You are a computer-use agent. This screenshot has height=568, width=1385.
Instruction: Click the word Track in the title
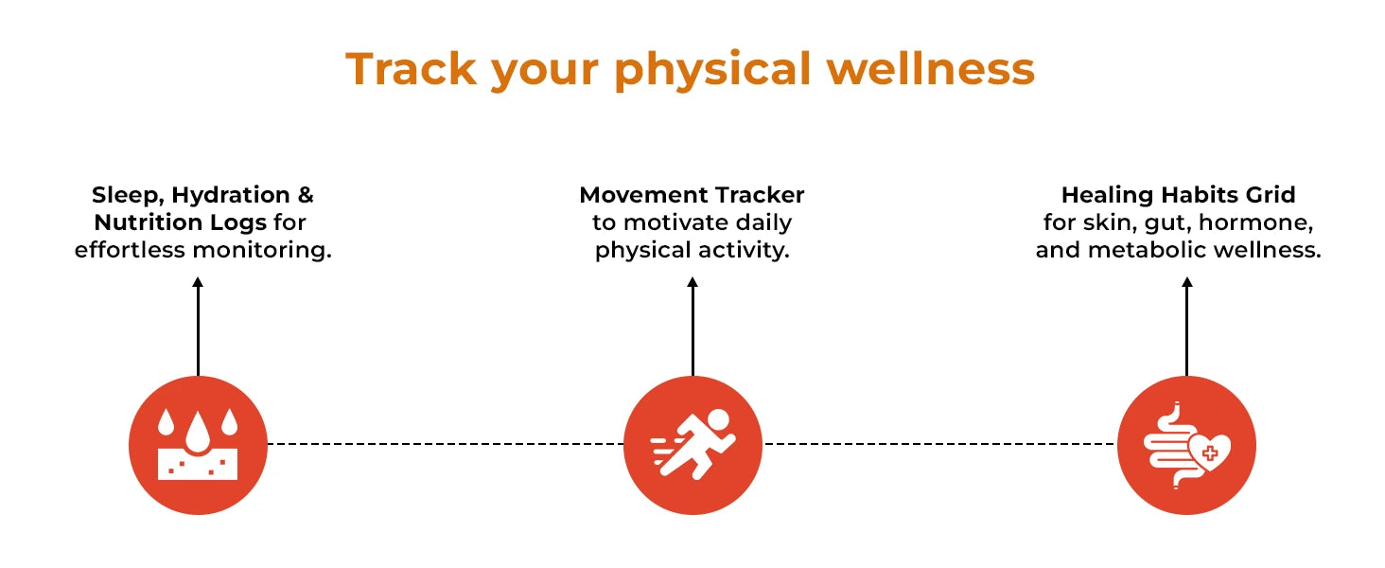pos(411,68)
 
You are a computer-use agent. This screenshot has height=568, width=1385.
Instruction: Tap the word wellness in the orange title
pos(931,68)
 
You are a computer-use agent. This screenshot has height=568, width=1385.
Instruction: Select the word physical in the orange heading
pos(711,71)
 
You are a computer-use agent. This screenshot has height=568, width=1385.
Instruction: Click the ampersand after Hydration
pos(306,195)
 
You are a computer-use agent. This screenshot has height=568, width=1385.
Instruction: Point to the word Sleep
pos(128,196)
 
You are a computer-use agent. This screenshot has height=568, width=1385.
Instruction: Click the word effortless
pos(131,249)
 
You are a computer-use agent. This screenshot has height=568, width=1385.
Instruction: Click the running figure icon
pos(693,444)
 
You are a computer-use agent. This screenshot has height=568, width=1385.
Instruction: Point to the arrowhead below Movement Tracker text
pos(692,282)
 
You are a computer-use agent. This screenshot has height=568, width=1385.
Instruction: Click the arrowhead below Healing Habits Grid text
pos(1187,282)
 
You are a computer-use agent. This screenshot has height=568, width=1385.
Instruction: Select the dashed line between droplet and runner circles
pos(446,444)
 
